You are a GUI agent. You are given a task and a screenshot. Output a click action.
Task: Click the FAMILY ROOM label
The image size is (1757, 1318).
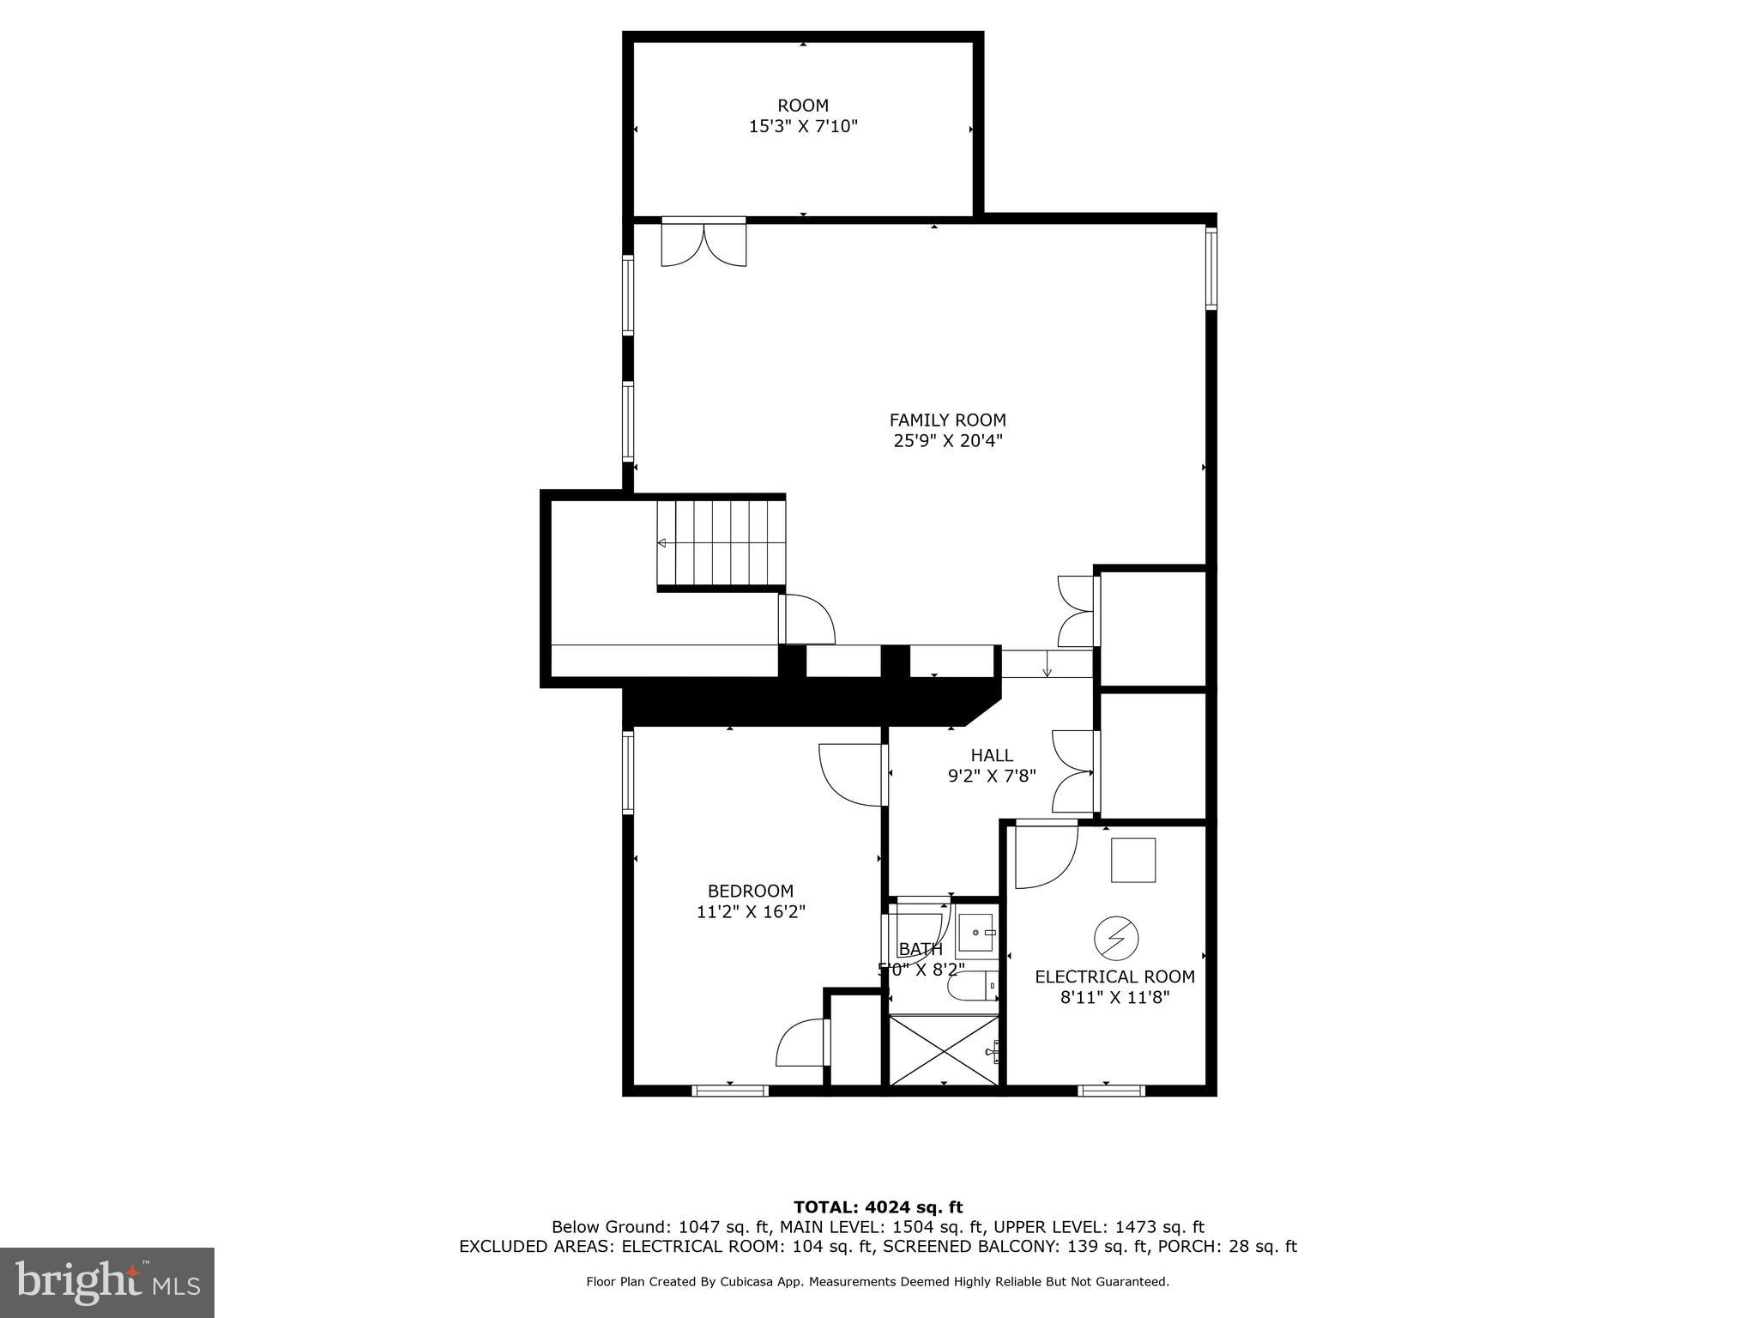click(x=947, y=420)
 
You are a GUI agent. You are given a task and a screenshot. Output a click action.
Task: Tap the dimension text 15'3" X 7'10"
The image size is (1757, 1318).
click(x=803, y=127)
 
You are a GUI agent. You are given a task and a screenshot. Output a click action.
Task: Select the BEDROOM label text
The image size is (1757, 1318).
click(x=750, y=892)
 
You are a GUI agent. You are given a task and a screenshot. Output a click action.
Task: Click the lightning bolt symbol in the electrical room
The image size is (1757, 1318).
click(x=1115, y=939)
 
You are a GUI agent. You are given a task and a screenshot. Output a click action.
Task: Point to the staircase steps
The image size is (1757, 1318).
click(x=722, y=542)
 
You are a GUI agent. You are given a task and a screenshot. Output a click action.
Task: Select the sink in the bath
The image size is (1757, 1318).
click(x=976, y=933)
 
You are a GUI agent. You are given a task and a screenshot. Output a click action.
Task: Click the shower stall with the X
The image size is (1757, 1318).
click(x=943, y=1050)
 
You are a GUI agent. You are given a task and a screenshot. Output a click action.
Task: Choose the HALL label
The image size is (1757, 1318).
click(x=992, y=756)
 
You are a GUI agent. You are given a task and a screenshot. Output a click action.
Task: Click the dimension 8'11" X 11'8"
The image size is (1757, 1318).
click(x=1114, y=998)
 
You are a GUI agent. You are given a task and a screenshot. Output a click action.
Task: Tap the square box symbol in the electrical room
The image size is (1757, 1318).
click(x=1133, y=860)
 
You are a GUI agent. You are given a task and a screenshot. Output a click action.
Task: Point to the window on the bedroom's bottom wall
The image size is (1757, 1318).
click(x=729, y=1091)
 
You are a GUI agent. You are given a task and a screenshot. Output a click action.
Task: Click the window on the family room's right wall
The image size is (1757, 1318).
click(x=1211, y=268)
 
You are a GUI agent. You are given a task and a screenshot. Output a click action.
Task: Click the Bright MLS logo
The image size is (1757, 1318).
click(x=107, y=1283)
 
